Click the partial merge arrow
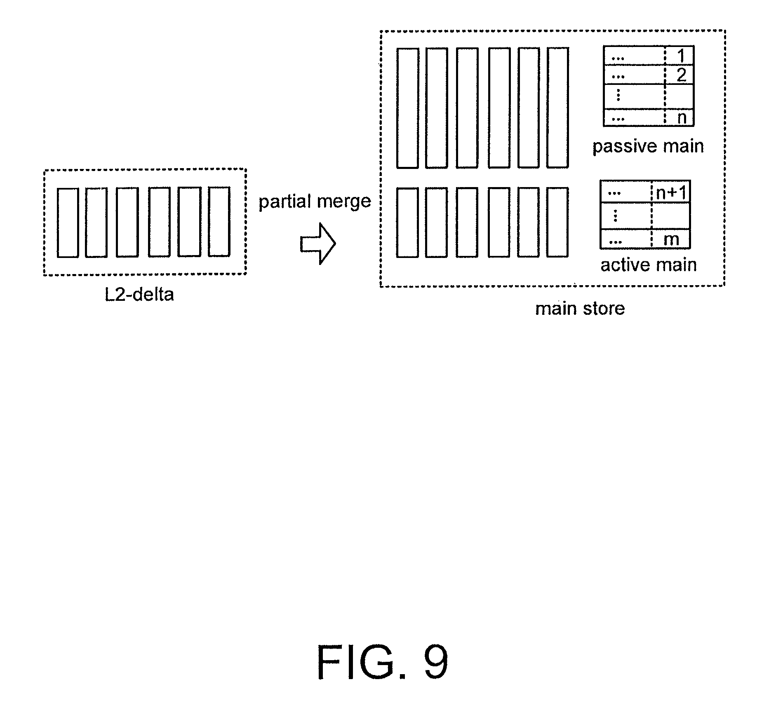(x=318, y=244)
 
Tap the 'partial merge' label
(x=315, y=202)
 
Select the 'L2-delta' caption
(x=139, y=295)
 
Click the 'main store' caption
(x=580, y=308)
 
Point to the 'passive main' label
(x=648, y=146)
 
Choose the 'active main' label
(x=649, y=265)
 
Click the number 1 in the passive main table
(x=681, y=56)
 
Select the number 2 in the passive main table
(x=682, y=75)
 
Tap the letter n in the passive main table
(x=682, y=118)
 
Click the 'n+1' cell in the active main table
(x=671, y=192)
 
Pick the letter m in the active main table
(x=671, y=239)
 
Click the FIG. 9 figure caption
(x=382, y=663)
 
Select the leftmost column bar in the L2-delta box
(x=68, y=223)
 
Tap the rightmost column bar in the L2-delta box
(x=219, y=222)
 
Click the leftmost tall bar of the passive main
(x=407, y=108)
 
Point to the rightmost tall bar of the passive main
(x=557, y=108)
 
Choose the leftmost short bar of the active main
(x=407, y=223)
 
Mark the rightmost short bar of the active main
(x=557, y=222)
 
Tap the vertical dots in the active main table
(x=615, y=215)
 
